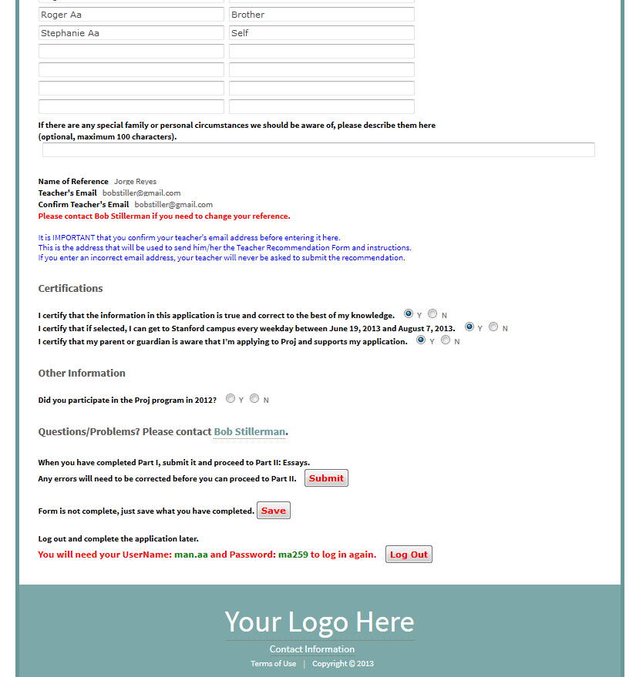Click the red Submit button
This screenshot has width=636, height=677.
pyautogui.click(x=326, y=478)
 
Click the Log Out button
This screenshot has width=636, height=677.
pyautogui.click(x=409, y=555)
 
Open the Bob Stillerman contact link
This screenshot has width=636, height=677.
pyautogui.click(x=250, y=432)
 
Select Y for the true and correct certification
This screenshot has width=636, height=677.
pyautogui.click(x=409, y=313)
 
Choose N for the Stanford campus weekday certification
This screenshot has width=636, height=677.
pyautogui.click(x=493, y=327)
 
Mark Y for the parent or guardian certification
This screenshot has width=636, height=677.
pyautogui.click(x=421, y=340)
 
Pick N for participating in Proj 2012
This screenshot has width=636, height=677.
pyautogui.click(x=254, y=398)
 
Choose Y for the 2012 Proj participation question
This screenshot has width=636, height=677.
pyautogui.click(x=231, y=398)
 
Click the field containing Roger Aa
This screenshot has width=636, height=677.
pyautogui.click(x=131, y=15)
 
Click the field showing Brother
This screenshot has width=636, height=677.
pyautogui.click(x=321, y=15)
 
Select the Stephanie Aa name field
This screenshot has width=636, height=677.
pyautogui.click(x=131, y=33)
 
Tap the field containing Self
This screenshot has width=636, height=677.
pyautogui.click(x=321, y=33)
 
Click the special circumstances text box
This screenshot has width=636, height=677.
pyautogui.click(x=318, y=149)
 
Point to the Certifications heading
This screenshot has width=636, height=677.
pyautogui.click(x=70, y=289)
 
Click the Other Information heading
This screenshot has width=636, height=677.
pyautogui.click(x=82, y=374)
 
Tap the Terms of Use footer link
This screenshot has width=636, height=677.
pyautogui.click(x=273, y=664)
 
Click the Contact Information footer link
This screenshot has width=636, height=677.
pyautogui.click(x=312, y=649)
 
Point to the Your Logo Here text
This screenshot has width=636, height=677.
pyautogui.click(x=319, y=622)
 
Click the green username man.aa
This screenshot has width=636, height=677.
pyautogui.click(x=191, y=555)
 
